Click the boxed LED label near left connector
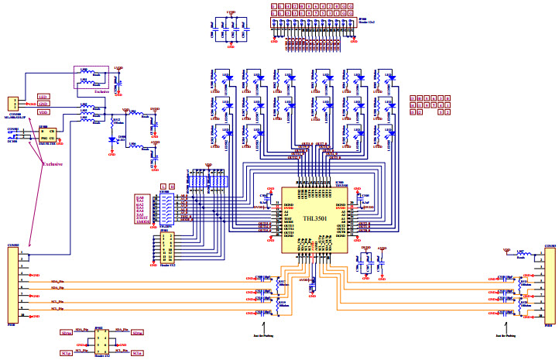click(x=43, y=98)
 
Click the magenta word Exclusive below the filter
click(x=51, y=164)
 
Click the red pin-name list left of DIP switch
click(x=140, y=209)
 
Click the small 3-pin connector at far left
click(x=13, y=104)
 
